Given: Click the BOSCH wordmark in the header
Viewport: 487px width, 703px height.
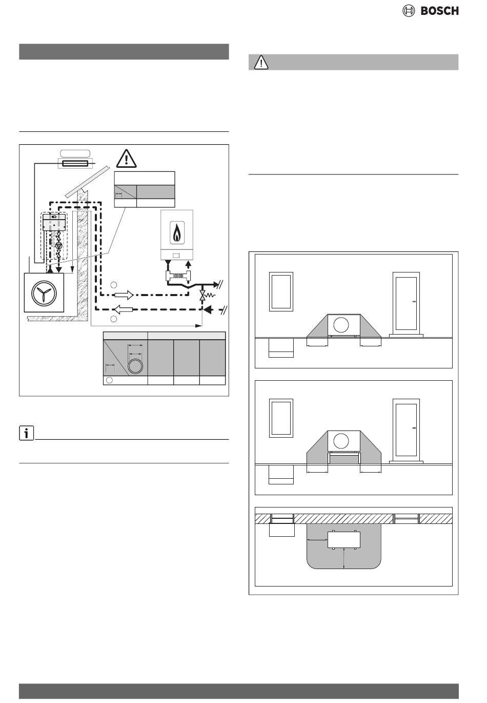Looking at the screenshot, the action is (439, 11).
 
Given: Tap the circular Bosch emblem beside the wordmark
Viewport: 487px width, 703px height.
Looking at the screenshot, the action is (408, 11).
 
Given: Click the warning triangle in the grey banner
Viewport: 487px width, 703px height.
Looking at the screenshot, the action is (261, 62).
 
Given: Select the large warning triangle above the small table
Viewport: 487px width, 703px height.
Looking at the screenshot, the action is (127, 159).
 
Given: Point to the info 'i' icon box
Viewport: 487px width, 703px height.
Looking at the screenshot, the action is (26, 433).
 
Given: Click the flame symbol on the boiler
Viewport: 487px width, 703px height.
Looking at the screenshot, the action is (177, 233).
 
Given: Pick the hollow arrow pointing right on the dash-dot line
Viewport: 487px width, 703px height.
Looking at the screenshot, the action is (124, 295).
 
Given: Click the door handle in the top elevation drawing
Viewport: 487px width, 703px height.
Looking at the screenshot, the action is (414, 302).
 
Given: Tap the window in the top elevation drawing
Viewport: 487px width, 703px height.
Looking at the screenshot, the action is (281, 291).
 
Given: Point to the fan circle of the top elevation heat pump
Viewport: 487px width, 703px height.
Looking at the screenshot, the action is (341, 324).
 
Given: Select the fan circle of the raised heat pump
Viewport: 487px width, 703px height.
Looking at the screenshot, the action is (341, 441).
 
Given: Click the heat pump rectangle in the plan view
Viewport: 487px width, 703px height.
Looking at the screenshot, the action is (344, 539).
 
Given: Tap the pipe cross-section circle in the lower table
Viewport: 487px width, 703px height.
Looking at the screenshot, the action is (135, 366).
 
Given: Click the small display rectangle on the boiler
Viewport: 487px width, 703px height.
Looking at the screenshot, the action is (176, 256).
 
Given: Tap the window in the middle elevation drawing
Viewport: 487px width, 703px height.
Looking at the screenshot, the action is (281, 418).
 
